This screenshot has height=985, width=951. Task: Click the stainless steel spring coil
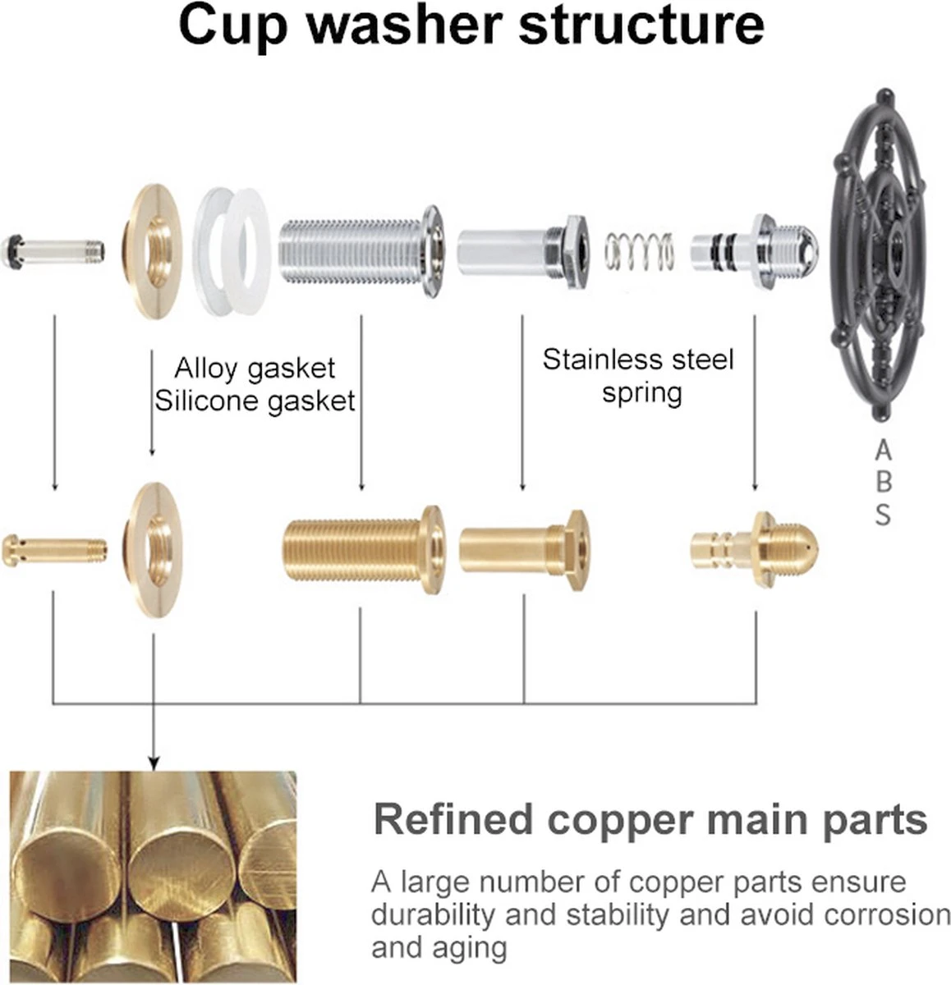(x=640, y=250)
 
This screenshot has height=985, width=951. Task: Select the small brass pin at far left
(x=54, y=549)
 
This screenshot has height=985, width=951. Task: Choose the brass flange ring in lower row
(x=154, y=548)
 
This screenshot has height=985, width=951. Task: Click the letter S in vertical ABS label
(x=883, y=515)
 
